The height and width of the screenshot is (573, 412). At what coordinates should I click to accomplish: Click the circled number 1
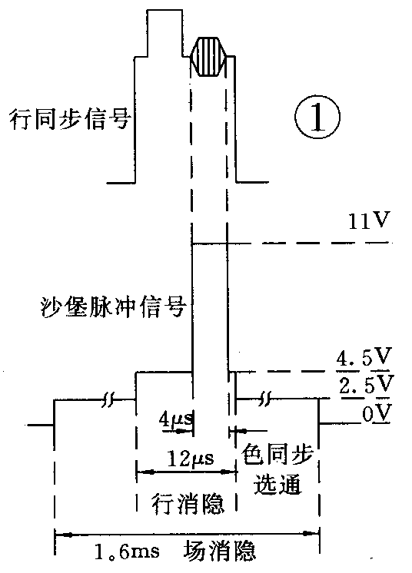coord(315,121)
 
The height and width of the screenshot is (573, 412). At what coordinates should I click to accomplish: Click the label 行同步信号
coord(68,121)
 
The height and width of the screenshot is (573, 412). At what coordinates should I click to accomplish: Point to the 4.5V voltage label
coord(365,359)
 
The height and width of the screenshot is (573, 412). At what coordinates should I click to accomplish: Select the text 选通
coord(281,485)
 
